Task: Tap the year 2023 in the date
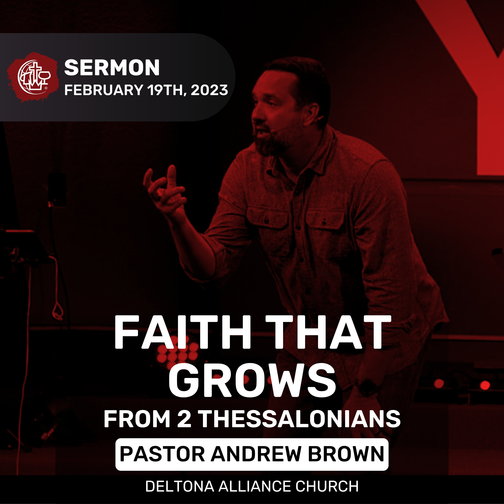tap(209, 90)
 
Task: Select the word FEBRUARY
tap(103, 90)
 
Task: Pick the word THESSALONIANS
tap(300, 419)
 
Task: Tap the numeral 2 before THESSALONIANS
tap(184, 419)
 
